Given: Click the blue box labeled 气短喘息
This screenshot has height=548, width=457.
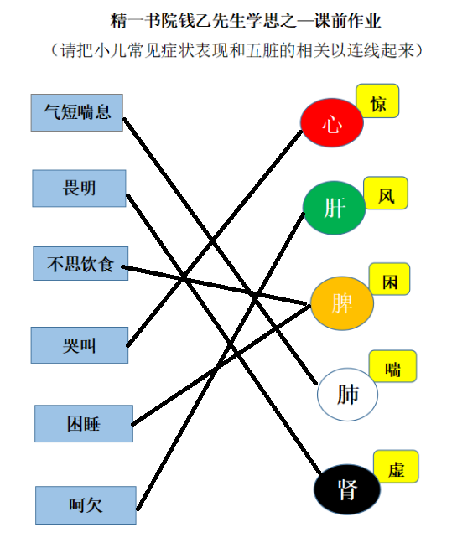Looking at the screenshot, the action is pos(77,112).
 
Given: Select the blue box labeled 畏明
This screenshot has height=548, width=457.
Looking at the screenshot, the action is pos(79,189).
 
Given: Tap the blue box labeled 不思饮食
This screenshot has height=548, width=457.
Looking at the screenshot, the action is pos(80,263).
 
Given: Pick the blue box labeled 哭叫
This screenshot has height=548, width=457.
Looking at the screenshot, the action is pos(80,345).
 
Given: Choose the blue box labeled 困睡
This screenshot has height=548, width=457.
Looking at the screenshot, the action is pos(84,424).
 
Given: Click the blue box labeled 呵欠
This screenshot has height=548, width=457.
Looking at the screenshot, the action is pos(86,505).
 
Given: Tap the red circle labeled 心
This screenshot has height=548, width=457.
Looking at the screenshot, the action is pos(332,122).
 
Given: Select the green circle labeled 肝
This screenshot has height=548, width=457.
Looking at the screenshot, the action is pos(335,208).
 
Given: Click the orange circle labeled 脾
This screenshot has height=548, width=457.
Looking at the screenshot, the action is pos(342,303).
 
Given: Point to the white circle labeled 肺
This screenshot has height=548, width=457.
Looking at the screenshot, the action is pos(347,394).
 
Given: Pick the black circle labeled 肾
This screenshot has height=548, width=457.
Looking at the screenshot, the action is pos(347,489).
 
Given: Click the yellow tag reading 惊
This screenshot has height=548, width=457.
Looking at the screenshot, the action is pos(377,101).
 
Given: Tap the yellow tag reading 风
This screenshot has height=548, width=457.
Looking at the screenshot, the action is pos(386,194).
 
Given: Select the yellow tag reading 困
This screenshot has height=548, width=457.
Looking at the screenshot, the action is pos(390,279).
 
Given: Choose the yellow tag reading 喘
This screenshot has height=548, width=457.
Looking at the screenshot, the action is pos(393,366).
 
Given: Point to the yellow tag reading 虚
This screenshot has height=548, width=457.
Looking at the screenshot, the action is pos(396,467).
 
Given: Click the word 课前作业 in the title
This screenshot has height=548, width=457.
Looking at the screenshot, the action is pos(347,21).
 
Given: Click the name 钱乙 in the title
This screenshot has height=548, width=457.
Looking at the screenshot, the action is pos(195,21).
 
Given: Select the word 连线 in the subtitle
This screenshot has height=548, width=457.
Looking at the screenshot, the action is pos(364,50).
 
